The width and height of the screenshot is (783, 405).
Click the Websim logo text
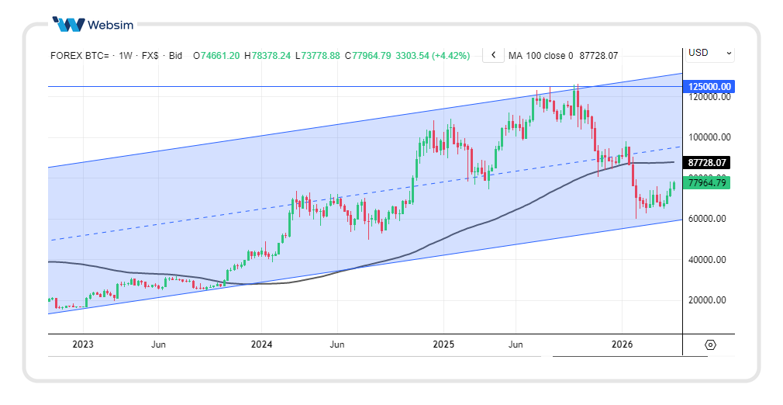pos(110,25)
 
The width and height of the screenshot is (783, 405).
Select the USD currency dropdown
pos(709,53)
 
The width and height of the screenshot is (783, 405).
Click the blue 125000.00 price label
pos(709,87)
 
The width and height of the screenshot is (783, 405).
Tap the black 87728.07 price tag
pos(709,163)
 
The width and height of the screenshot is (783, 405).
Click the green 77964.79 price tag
pos(709,183)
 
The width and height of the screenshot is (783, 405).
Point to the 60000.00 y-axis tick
pos(708,219)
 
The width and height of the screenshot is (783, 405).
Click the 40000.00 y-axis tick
pos(708,260)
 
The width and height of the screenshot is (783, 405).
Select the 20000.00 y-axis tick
pos(708,300)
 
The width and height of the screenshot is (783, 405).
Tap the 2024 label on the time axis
pos(261,344)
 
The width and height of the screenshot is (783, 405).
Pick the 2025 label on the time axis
pos(443,344)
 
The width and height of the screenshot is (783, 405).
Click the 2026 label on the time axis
pos(623,344)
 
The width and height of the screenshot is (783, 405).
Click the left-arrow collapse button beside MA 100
pos(493,55)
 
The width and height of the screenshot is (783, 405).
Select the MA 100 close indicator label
pos(540,56)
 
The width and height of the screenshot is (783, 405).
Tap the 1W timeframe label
pos(126,56)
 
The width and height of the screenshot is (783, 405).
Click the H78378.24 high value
pos(267,56)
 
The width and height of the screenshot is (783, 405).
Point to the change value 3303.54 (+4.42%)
pos(433,56)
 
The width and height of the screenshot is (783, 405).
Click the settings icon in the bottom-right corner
pos(710,344)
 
